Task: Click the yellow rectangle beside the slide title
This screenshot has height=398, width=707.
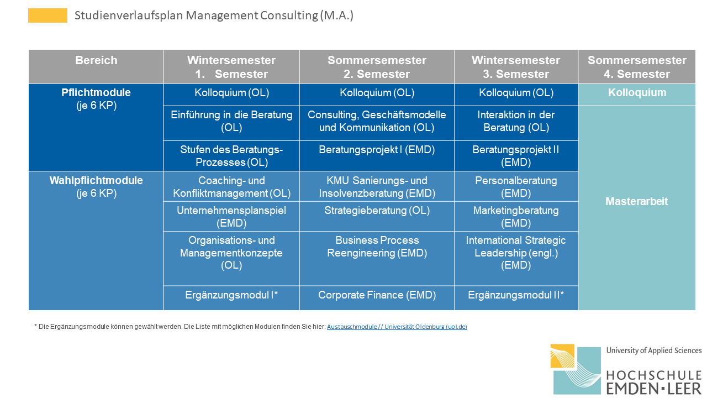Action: (48, 15)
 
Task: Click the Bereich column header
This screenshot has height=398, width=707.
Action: (96, 67)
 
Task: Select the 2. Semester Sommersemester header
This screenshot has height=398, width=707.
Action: (377, 67)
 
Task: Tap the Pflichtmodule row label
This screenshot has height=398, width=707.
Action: (96, 127)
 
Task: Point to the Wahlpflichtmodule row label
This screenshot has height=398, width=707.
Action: (96, 240)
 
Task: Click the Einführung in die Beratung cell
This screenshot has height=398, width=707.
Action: (231, 123)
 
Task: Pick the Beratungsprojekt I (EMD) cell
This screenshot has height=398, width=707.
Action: (377, 156)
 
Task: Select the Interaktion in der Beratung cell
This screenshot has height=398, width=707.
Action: (516, 123)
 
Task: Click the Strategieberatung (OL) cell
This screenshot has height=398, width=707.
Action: (377, 217)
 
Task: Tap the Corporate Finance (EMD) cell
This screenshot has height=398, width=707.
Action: (377, 298)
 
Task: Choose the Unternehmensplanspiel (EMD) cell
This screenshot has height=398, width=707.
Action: (231, 217)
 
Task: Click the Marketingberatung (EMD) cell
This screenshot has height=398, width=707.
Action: (516, 217)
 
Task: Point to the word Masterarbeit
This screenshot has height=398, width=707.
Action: (637, 202)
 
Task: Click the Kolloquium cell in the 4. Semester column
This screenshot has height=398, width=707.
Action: (637, 95)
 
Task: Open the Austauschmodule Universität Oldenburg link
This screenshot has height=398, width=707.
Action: (397, 327)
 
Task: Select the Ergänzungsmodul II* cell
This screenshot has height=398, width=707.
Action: (516, 298)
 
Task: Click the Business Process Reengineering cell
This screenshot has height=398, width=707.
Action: (377, 259)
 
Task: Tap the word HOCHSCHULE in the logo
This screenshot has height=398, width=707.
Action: (654, 376)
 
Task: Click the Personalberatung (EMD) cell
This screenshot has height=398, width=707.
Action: (516, 186)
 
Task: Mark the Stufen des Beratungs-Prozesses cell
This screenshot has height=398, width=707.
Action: (231, 156)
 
